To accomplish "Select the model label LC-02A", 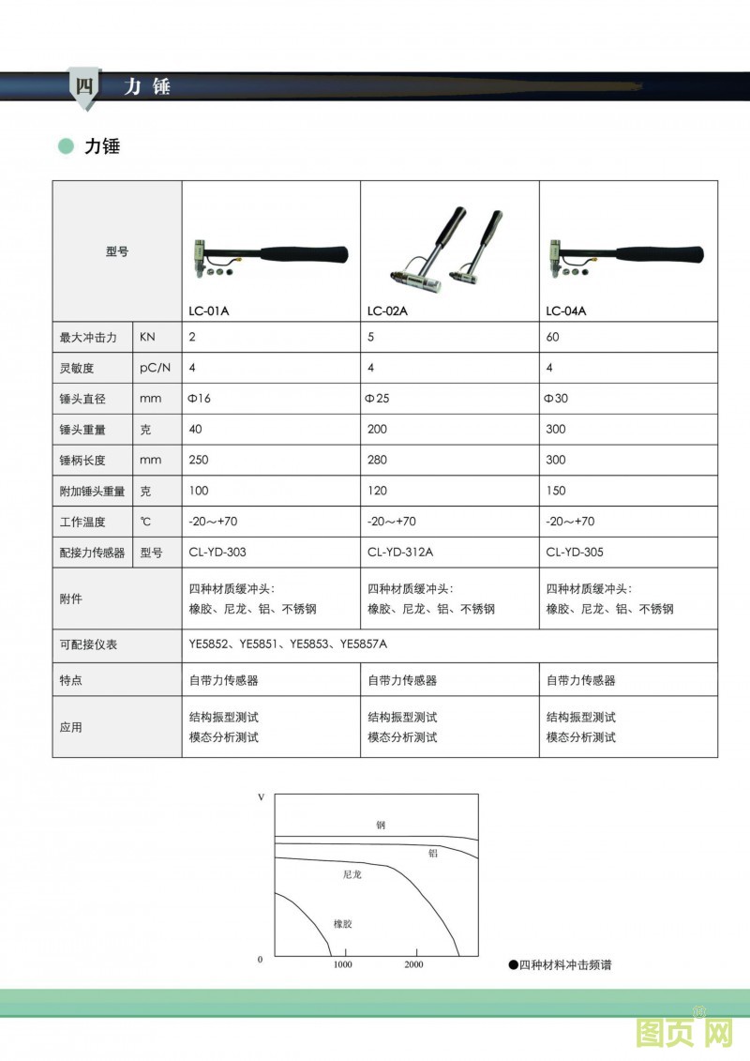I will pos(387,311).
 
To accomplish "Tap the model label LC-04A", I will pos(566,311).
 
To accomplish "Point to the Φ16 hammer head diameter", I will pos(200,399).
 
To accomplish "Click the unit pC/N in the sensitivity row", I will pos(157,368).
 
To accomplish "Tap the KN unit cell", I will pos(149,337).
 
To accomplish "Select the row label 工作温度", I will pos(82,522).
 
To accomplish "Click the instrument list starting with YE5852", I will pos(288,644).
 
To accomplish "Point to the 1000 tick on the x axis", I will pos(343,965).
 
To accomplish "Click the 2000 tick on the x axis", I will pos(413,965).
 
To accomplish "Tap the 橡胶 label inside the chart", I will pos(343,924).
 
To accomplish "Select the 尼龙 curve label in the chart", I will pos(352,874).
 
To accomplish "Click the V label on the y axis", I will pos(261,796).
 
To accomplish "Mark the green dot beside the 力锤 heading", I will pos(66,146).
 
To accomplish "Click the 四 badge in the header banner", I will pos(83,87).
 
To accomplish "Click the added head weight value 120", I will pos(378,491).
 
